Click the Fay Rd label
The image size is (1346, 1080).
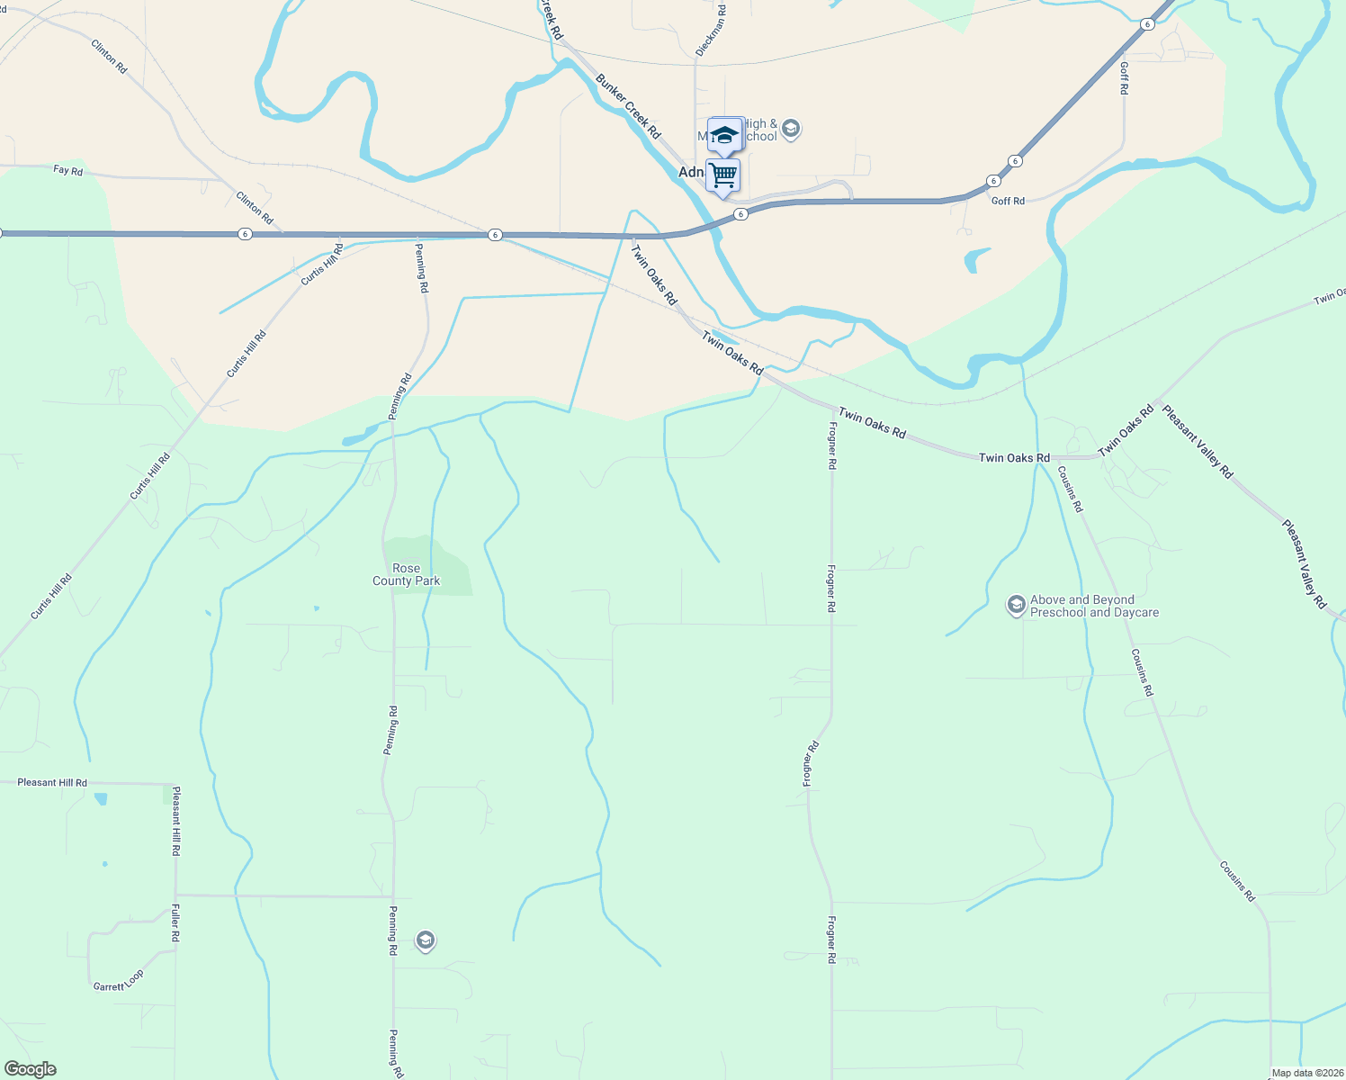point(67,169)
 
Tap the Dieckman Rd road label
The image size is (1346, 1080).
point(710,30)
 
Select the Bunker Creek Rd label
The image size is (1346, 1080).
point(627,106)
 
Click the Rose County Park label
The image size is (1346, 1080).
point(406,575)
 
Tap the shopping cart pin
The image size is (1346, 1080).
point(722,175)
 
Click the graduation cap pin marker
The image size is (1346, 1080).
point(724,136)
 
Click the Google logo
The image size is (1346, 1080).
point(30,1069)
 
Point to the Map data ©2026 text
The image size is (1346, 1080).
point(1307,1073)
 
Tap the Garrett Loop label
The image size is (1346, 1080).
point(118,981)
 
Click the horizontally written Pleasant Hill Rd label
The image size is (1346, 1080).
point(52,783)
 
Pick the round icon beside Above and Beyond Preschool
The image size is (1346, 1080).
point(1016,605)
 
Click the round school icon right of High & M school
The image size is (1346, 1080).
point(791,130)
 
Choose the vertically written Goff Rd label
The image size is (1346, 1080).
point(1124,77)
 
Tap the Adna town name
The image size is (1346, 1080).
point(691,172)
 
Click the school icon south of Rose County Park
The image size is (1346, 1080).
point(425,941)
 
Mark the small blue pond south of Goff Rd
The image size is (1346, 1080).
point(975,259)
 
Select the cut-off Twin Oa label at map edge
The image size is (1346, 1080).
point(1330,296)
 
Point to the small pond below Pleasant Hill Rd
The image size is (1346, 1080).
point(100,798)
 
